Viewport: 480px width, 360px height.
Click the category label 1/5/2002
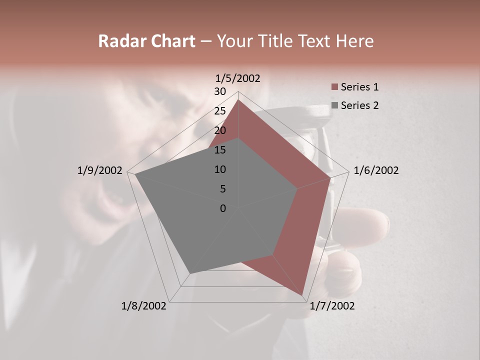click(237, 78)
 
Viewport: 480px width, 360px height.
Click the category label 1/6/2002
click(376, 170)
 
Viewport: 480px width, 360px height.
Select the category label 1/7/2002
click(332, 306)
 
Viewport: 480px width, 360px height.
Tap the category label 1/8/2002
click(144, 306)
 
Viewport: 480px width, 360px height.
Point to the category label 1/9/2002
click(100, 170)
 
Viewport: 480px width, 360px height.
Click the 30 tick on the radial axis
click(220, 91)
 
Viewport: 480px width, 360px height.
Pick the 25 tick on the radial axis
click(220, 111)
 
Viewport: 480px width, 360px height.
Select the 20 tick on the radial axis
click(220, 130)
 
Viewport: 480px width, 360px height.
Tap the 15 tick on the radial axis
click(220, 150)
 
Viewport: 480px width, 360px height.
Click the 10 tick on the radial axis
click(220, 169)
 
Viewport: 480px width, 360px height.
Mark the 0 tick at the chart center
click(223, 208)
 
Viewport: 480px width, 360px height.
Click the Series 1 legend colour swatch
click(334, 87)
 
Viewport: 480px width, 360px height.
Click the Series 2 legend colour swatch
click(334, 105)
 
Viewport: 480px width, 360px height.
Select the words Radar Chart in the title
click(146, 41)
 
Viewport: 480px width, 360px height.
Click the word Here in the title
click(354, 41)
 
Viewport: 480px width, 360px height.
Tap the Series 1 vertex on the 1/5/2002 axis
click(238, 99)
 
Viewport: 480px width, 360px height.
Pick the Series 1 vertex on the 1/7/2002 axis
click(302, 295)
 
